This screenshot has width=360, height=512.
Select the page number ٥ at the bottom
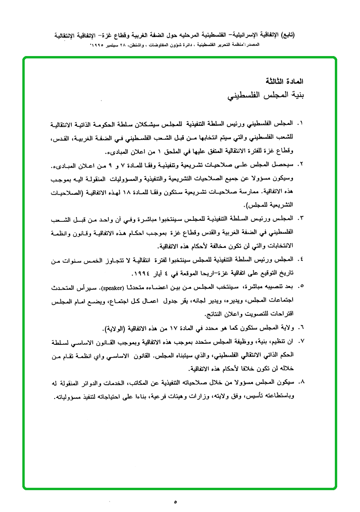click(x=175, y=502)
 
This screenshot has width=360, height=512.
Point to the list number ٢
click(x=300, y=164)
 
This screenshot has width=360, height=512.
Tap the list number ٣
click(x=300, y=219)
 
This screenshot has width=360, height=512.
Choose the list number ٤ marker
click(x=300, y=260)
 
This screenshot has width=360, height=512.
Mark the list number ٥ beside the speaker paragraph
click(x=300, y=287)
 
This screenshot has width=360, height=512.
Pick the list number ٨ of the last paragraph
click(x=300, y=383)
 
